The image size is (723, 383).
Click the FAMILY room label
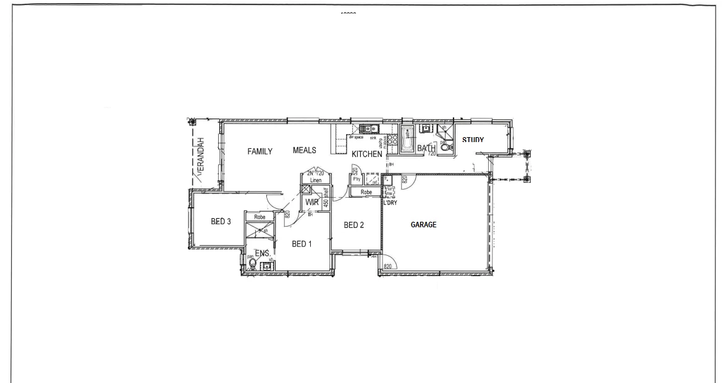(260, 151)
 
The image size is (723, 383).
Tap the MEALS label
(305, 150)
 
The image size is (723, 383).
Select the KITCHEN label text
(367, 154)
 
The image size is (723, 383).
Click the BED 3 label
(221, 222)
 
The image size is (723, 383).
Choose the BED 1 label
(302, 244)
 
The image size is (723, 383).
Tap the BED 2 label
(353, 225)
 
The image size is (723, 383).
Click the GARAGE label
(424, 225)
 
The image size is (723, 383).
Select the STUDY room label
(473, 140)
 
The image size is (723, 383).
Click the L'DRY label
(389, 203)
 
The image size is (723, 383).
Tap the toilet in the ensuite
(252, 264)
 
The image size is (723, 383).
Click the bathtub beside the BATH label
(407, 139)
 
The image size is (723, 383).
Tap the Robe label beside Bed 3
(260, 217)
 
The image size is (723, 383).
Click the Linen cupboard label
(316, 180)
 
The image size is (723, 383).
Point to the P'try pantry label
(357, 179)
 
